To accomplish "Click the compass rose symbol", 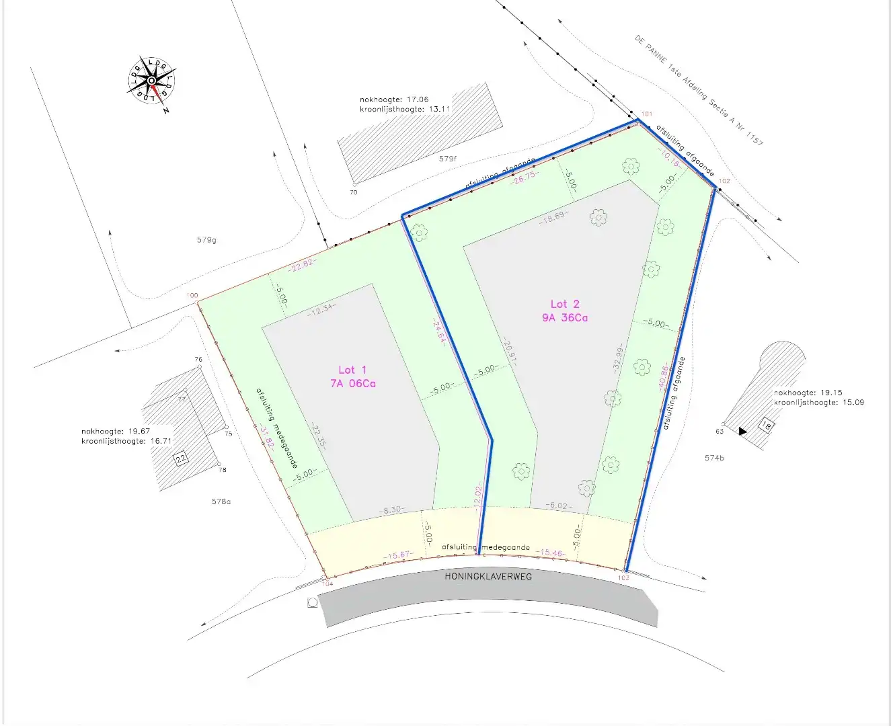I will pyautogui.click(x=152, y=81).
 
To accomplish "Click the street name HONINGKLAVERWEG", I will pyautogui.click(x=488, y=576).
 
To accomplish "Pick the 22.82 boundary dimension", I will pyautogui.click(x=301, y=264).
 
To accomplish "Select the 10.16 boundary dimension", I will pyautogui.click(x=670, y=159).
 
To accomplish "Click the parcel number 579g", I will pyautogui.click(x=206, y=240).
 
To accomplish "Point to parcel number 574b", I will pyautogui.click(x=714, y=458).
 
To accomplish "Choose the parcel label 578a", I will pyautogui.click(x=221, y=501).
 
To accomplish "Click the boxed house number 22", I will pyautogui.click(x=181, y=459).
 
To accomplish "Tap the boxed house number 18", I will pyautogui.click(x=766, y=425).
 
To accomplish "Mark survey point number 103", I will pyautogui.click(x=623, y=577).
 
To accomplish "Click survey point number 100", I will pyautogui.click(x=192, y=296).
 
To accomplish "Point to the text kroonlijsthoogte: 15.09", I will pyautogui.click(x=819, y=402).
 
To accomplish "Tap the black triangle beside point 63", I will pyautogui.click(x=742, y=431).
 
